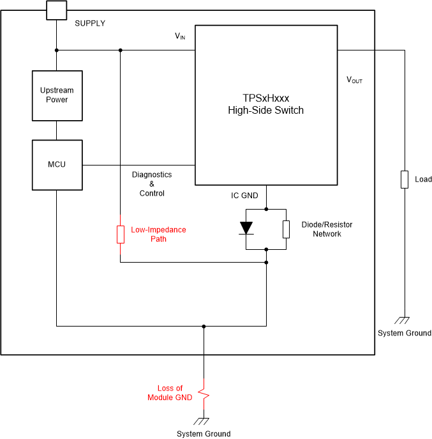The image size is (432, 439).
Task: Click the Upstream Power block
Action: pos(57,95)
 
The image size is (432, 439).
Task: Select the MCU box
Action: pos(57,165)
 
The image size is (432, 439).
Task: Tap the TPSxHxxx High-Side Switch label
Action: pos(265,104)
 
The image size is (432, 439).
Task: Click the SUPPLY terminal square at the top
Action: pos(57,10)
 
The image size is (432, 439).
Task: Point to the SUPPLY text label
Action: pos(90,24)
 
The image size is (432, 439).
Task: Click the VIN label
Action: pos(180,36)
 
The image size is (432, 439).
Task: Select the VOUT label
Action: pos(354,81)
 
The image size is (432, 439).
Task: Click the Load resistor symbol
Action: pos(404,180)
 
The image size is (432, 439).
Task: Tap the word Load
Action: pos(423,180)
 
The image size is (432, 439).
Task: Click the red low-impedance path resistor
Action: pos(120,235)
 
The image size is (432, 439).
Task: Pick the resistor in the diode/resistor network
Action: pos(287,229)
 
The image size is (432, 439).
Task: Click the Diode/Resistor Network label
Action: pos(327,229)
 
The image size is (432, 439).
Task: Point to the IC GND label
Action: pos(244,196)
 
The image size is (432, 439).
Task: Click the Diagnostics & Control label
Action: pos(151,184)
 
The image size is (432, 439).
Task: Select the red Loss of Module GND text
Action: pos(170,393)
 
